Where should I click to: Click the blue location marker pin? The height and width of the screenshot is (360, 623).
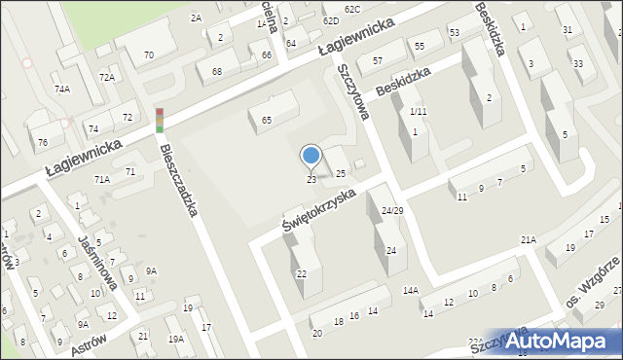(x=311, y=156)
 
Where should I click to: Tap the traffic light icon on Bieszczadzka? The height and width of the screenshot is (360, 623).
(x=159, y=120)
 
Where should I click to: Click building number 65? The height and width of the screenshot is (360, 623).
(x=267, y=120)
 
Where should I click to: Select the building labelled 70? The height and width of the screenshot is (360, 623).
(x=148, y=54)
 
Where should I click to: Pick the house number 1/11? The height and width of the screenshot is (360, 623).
(x=418, y=112)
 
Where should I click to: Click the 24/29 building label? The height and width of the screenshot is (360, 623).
(x=392, y=210)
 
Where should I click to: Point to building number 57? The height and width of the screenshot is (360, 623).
(x=377, y=60)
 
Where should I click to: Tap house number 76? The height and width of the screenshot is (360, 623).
(x=42, y=142)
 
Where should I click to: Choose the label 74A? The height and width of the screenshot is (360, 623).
(x=62, y=89)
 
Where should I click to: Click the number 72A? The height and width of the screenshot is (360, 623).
(x=106, y=77)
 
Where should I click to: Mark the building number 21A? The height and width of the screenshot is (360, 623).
(x=529, y=239)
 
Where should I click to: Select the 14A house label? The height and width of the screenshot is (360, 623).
(x=411, y=290)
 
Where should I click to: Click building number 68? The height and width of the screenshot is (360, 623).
(x=217, y=71)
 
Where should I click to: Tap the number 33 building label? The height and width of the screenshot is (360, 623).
(x=578, y=64)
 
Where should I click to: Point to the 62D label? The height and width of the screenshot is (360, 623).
(x=331, y=20)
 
